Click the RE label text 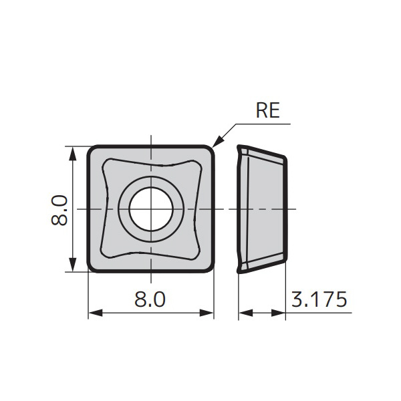click(x=267, y=110)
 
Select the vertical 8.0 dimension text click(x=59, y=209)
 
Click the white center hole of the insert click(x=151, y=209)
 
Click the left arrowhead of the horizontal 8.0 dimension click(x=94, y=312)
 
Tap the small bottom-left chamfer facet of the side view click(x=243, y=267)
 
